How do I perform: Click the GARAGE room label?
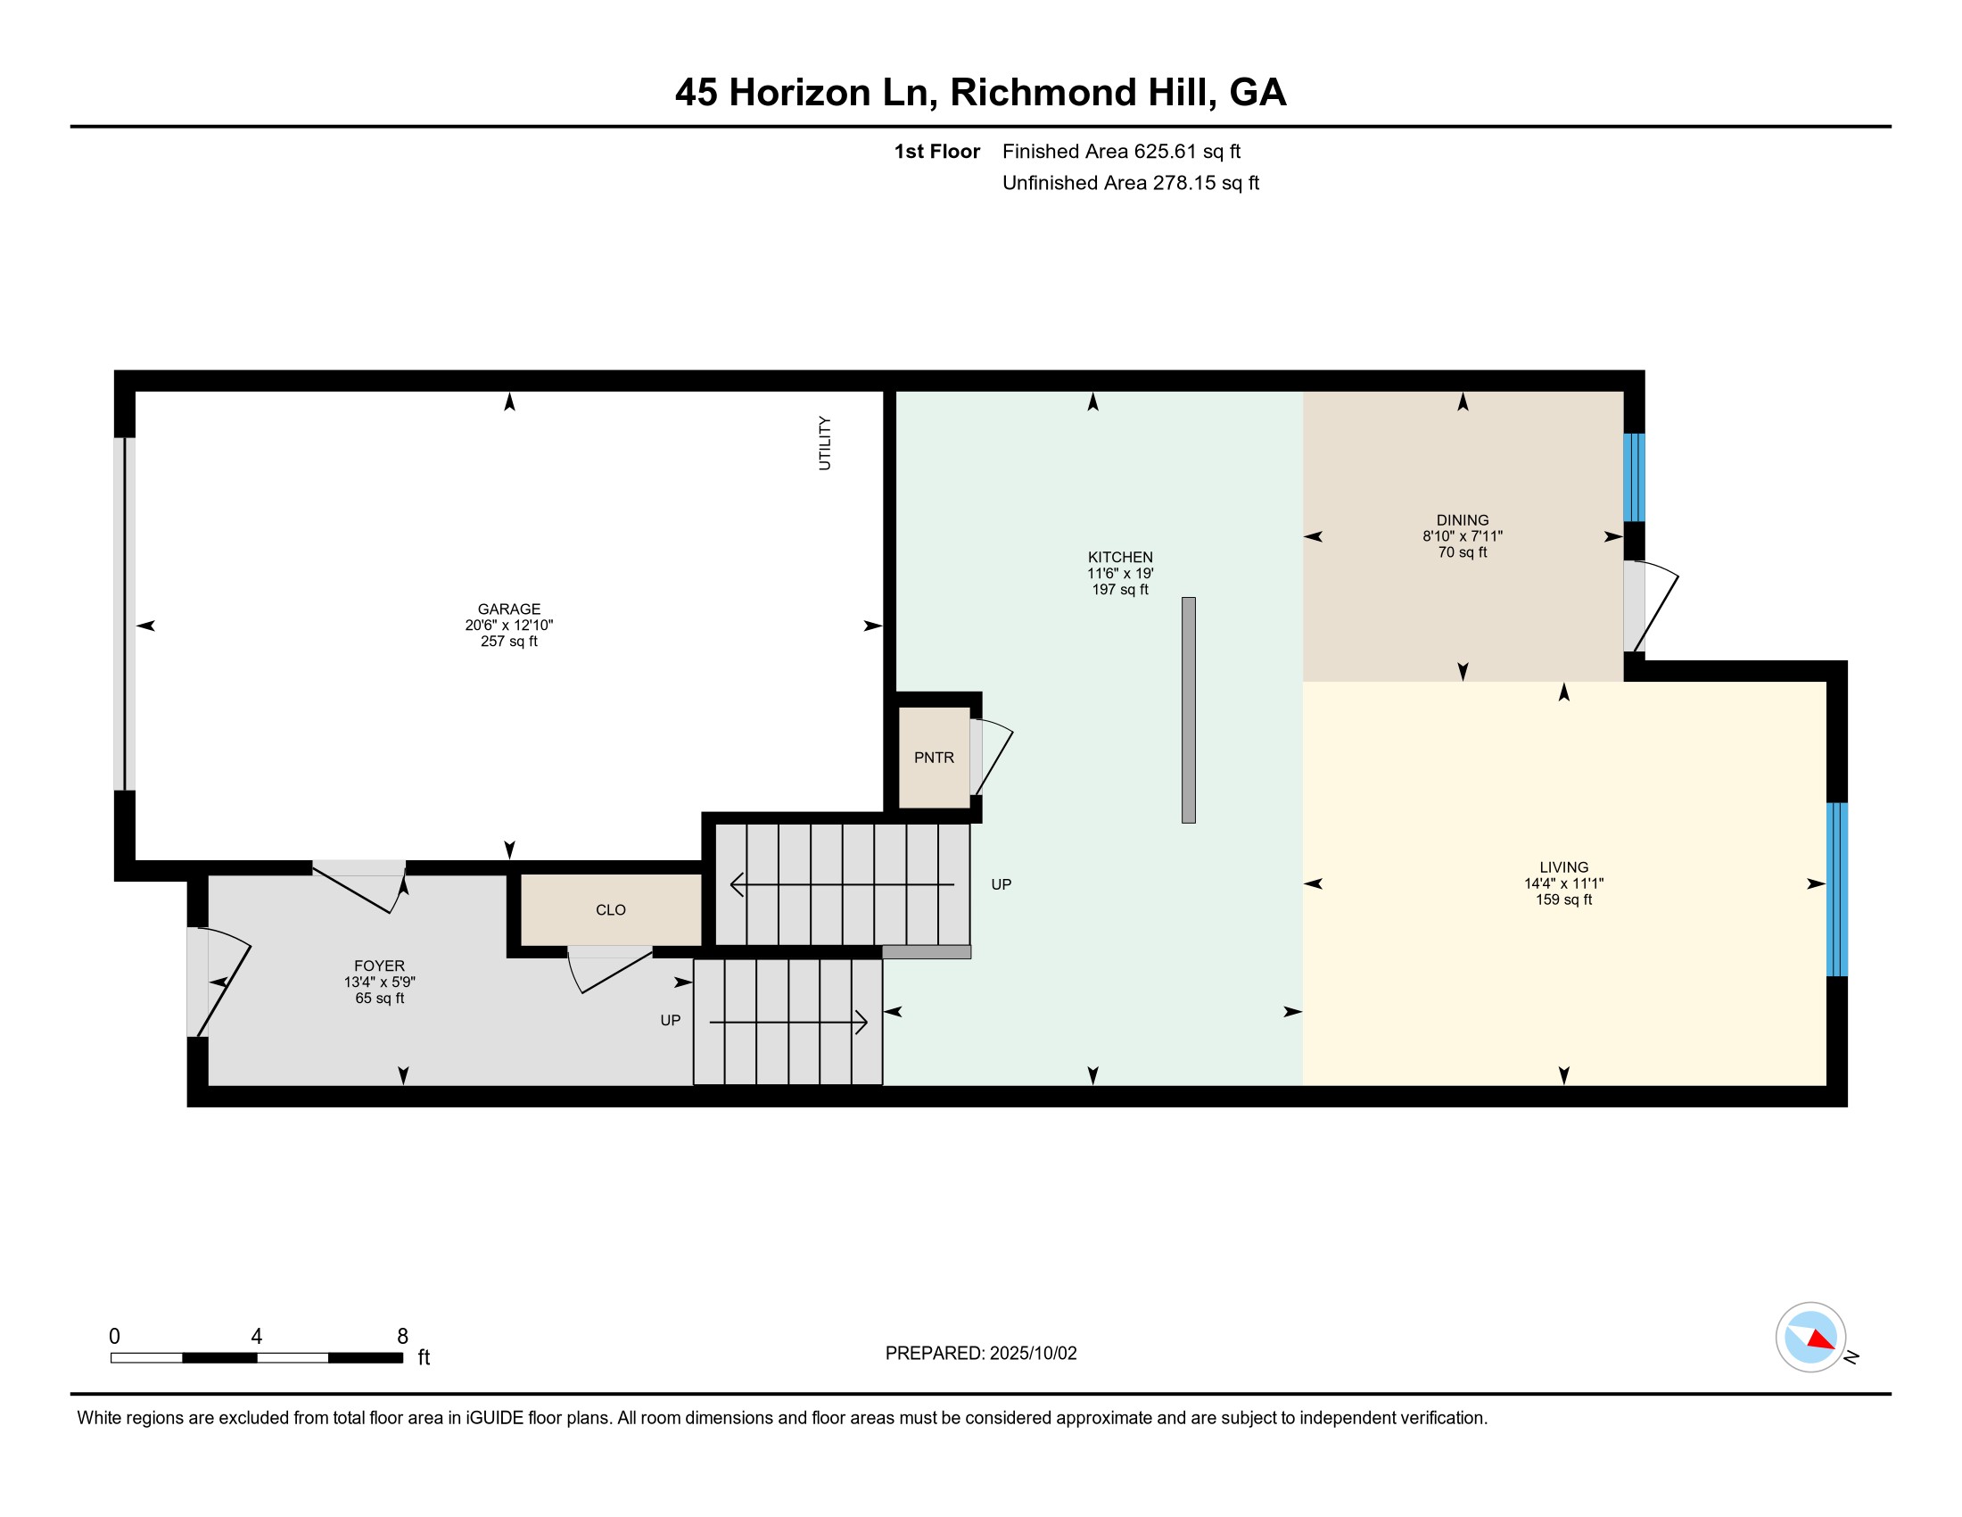tap(508, 609)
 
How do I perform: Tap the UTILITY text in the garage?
tap(825, 443)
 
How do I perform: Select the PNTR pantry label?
tap(935, 758)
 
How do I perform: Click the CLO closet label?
tap(611, 910)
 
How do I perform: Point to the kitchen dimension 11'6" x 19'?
tap(1120, 574)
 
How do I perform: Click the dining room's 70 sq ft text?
tap(1463, 551)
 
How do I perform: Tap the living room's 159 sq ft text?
tap(1564, 899)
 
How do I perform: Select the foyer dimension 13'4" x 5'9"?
tap(380, 982)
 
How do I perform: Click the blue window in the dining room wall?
tap(1634, 477)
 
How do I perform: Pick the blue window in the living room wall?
tap(1837, 889)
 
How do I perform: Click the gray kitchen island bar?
tap(1189, 710)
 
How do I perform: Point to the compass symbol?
tap(1810, 1337)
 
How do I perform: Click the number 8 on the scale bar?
tap(402, 1336)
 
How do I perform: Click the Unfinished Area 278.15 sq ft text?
tap(1130, 183)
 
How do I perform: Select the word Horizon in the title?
tap(800, 93)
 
